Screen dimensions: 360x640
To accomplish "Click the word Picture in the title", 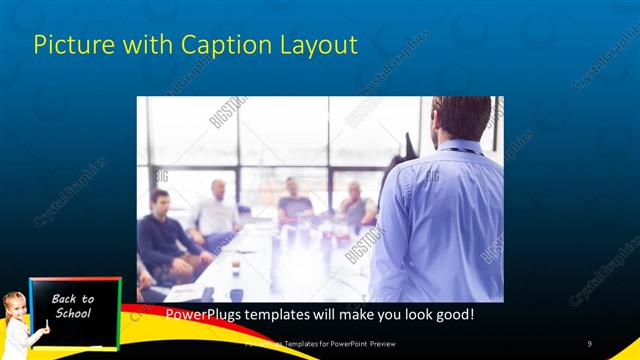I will coord(66,45).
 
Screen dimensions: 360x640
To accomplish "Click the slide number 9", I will coord(590,344).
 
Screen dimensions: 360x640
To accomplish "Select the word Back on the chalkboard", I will coord(72,299).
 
